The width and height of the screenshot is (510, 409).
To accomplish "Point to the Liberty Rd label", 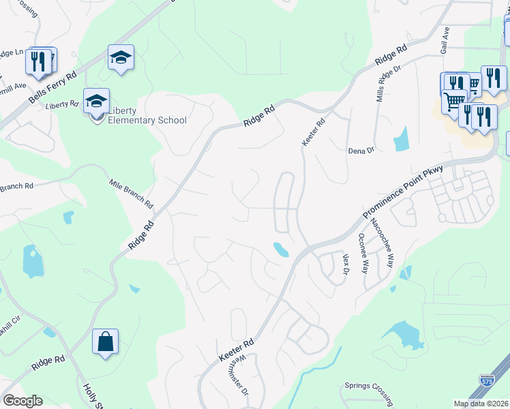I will tap(63, 105).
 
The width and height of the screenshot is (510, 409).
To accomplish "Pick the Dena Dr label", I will tap(361, 150).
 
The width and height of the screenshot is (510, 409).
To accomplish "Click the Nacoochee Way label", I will tap(382, 243).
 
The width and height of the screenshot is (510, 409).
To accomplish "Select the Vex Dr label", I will tap(346, 264).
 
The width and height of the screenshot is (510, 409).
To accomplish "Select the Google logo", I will tap(22, 401).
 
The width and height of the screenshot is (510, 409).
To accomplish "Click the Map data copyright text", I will tap(481, 404).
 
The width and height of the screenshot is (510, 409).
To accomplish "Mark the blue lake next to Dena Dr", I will tap(400, 139).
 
